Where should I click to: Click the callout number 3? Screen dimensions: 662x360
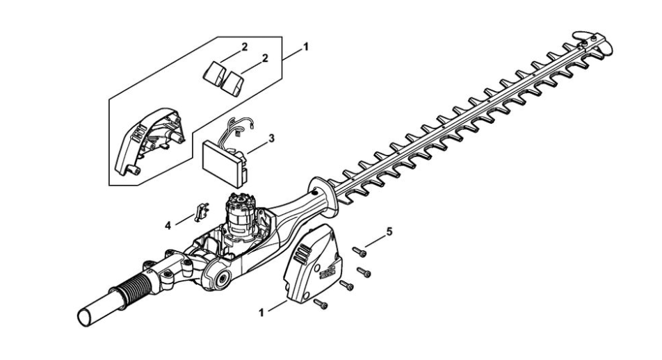(271, 138)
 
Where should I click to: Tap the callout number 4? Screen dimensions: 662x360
(168, 226)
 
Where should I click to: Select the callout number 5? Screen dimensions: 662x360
(389, 231)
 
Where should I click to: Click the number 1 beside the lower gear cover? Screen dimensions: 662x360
(261, 313)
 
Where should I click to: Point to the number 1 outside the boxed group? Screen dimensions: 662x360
(306, 47)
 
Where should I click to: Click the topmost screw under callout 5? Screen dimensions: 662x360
(360, 252)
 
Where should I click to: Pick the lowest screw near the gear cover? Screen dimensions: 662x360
(321, 304)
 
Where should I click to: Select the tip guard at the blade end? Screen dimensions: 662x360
(592, 42)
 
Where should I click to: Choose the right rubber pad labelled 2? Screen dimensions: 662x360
(233, 83)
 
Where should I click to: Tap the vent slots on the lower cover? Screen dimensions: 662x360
(302, 255)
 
